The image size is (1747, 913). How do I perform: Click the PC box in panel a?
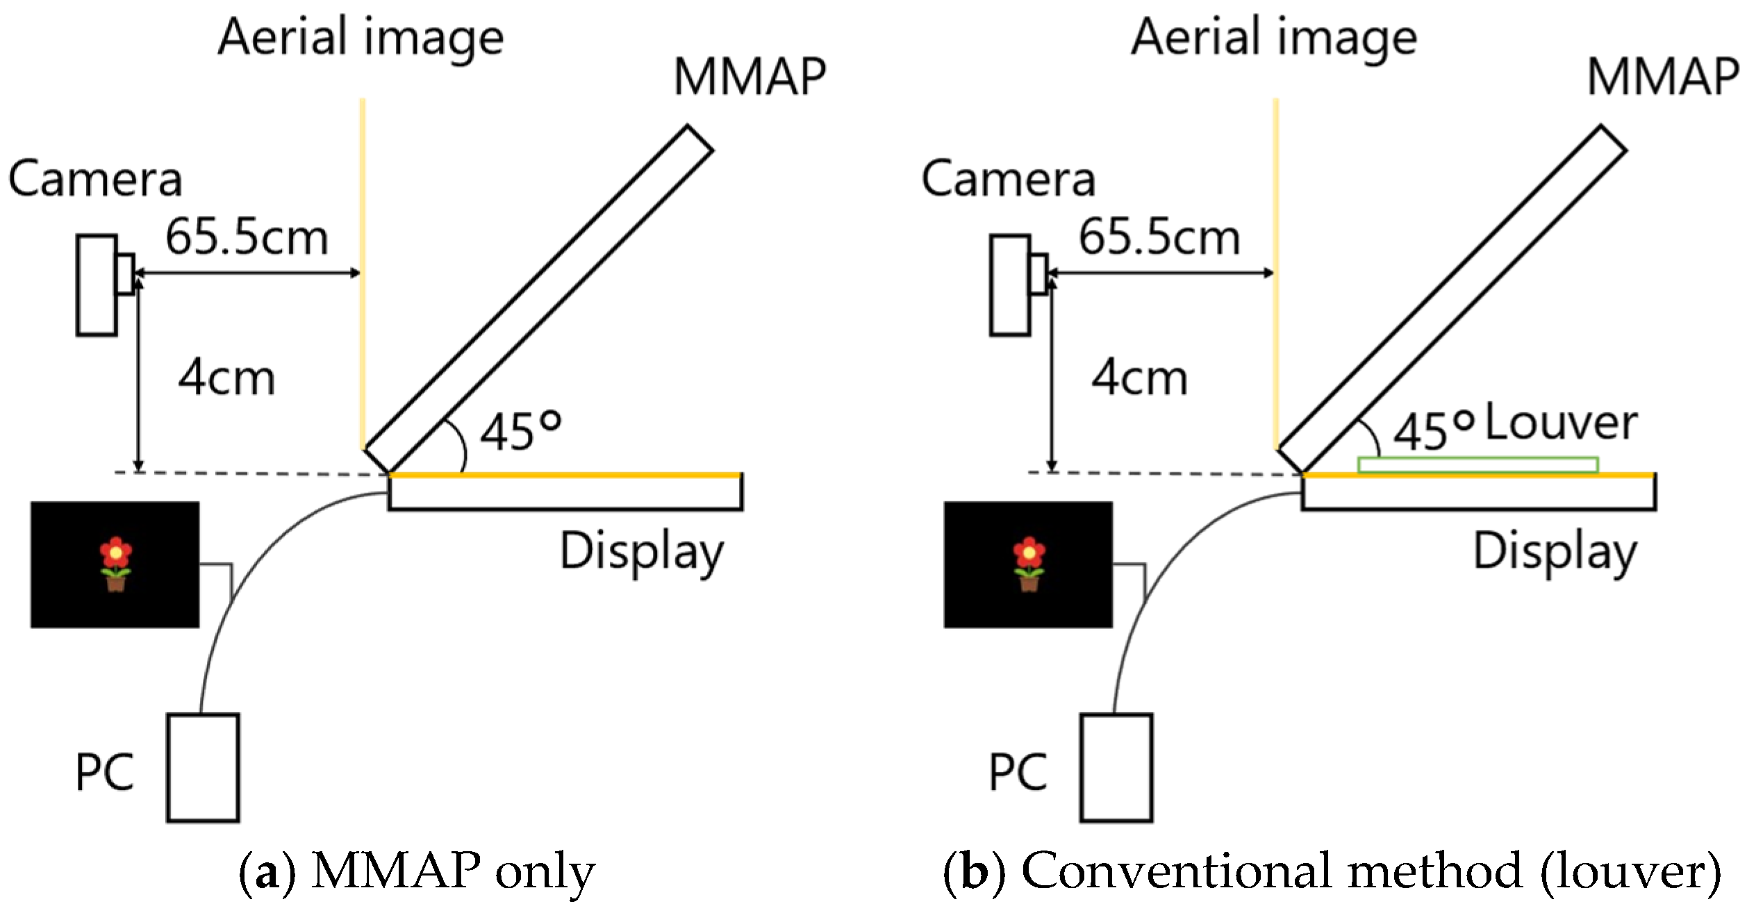point(203,768)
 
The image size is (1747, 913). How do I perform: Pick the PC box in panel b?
point(1116,768)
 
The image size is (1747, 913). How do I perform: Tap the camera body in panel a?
point(97,286)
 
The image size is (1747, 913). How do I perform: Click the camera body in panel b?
point(1010,286)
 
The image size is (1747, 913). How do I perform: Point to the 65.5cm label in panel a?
point(247,238)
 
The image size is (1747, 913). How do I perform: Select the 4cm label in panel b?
point(1140,378)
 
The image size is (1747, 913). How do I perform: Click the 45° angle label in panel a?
point(520,431)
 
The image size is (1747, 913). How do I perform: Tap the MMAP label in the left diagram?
point(750,76)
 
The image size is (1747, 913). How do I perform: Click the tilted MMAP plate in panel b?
point(1452,299)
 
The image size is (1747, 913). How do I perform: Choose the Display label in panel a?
point(642,552)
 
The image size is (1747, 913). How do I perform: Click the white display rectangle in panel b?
point(1478,493)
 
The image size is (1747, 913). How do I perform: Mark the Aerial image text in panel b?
point(1274,38)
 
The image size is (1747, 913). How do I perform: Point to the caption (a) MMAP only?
point(417,871)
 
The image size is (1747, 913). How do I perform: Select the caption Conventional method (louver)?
point(1332,871)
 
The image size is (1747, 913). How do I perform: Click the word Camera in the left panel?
point(95,179)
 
